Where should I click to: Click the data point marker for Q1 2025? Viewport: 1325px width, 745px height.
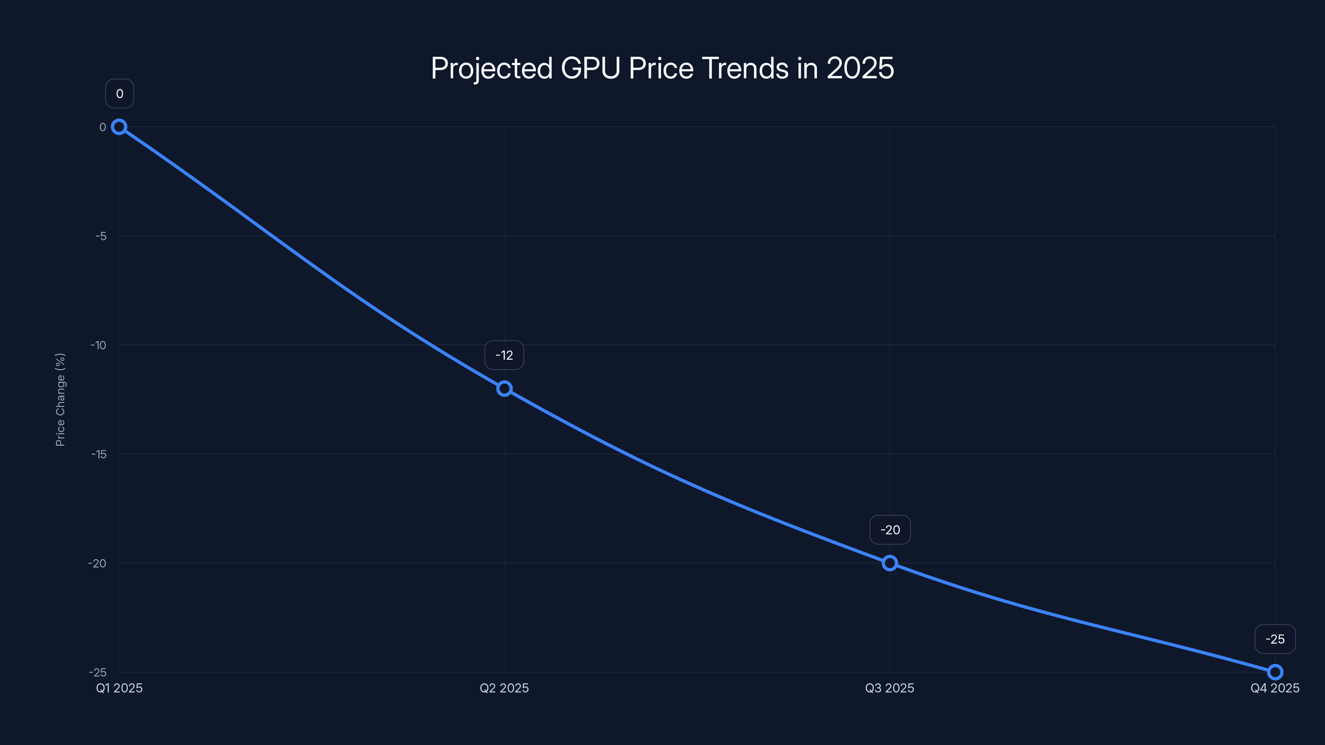[119, 127]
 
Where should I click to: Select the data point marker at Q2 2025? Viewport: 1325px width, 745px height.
[504, 389]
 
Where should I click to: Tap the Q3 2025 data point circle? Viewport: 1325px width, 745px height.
[890, 563]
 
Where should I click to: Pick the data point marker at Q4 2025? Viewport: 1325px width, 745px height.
[1275, 672]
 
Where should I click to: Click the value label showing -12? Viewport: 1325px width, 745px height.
[504, 355]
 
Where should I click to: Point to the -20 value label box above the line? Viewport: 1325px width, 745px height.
[890, 530]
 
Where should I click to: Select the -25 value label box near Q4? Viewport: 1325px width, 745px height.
[1275, 639]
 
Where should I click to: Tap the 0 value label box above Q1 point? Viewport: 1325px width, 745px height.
[119, 94]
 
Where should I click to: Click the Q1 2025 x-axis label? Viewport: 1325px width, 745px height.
[119, 688]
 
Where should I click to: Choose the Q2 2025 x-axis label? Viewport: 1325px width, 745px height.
[504, 688]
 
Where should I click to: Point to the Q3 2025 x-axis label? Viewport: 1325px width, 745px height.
[890, 688]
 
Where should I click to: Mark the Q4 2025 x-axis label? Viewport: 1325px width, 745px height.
[1275, 688]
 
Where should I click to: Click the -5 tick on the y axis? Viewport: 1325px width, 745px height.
[101, 236]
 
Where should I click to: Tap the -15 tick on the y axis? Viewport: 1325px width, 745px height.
[99, 454]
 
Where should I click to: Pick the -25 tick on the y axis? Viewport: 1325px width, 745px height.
[98, 673]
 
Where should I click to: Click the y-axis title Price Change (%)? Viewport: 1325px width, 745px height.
[60, 399]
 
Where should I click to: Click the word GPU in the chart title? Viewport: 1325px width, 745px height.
[590, 68]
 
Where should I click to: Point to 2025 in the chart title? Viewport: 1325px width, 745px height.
[860, 68]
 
